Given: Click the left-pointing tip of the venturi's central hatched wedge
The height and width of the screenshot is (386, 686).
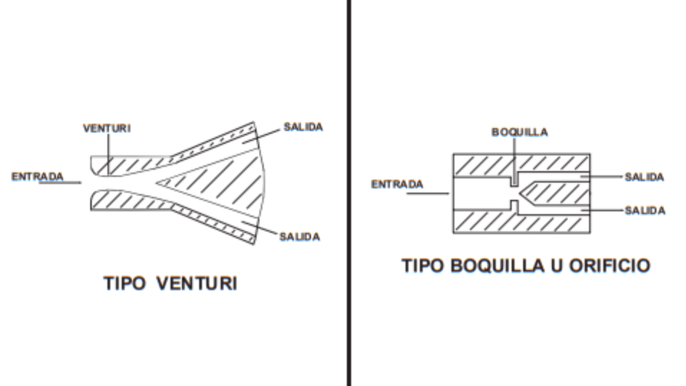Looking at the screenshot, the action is (156, 183).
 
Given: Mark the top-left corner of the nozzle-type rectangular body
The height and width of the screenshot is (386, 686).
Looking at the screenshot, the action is (453, 154).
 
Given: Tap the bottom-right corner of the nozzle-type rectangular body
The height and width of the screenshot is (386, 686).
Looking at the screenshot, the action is (590, 233).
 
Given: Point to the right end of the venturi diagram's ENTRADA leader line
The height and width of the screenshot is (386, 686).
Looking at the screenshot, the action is (81, 183).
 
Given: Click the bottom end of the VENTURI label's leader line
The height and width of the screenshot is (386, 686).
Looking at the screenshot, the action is (108, 175).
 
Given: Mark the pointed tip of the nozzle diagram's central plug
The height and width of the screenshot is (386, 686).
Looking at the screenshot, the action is (519, 193).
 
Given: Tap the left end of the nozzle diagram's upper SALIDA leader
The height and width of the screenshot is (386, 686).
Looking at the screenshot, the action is (581, 176).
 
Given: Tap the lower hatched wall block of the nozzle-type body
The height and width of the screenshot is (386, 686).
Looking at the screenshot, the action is (521, 222).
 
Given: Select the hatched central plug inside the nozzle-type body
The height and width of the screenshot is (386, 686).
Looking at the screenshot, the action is (555, 193).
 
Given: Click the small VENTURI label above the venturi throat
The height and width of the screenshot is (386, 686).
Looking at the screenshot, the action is (107, 128).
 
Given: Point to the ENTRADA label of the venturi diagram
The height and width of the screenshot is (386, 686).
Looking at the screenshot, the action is (37, 176).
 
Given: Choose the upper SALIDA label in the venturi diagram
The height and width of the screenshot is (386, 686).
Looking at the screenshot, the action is (303, 127).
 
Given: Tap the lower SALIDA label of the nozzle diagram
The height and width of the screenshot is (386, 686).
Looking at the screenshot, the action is (645, 211).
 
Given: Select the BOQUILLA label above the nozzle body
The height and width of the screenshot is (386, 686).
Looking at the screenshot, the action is (520, 132).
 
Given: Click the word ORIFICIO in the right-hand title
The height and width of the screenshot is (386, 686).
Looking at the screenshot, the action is (610, 265).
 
